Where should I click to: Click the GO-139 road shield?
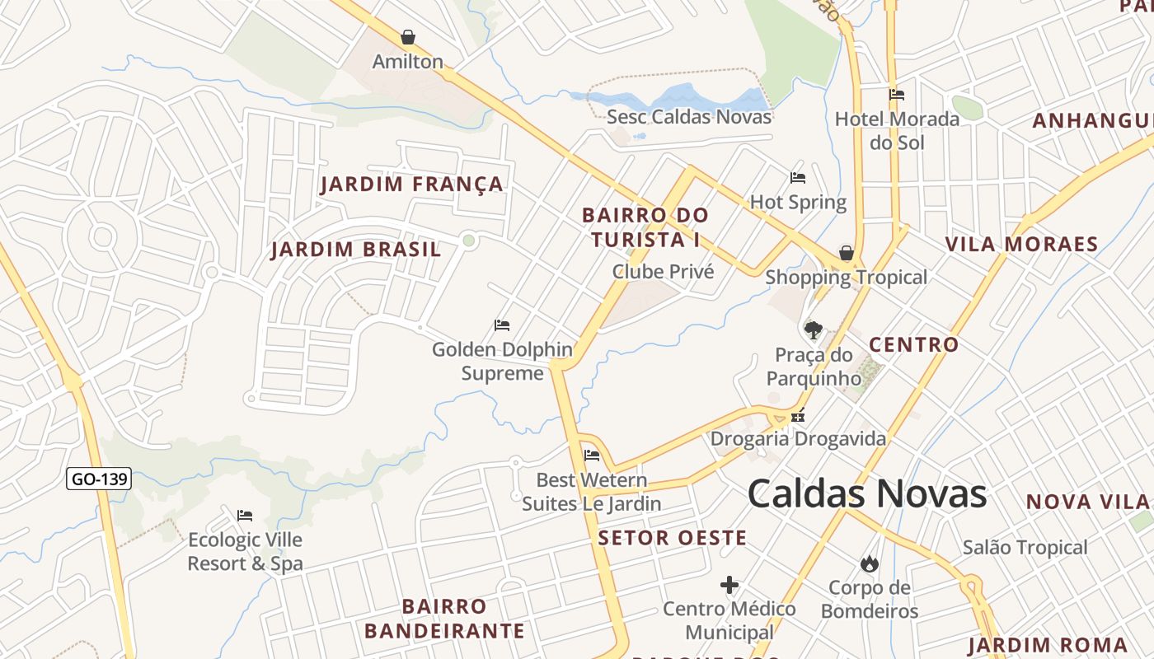pos(99,479)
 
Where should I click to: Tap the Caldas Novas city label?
pos(867,494)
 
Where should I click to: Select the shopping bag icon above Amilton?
pos(407,37)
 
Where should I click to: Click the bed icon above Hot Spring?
pos(798,177)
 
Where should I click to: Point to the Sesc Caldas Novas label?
pos(689,117)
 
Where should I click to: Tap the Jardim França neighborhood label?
pos(411,184)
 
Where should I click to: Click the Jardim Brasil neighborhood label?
pos(356,250)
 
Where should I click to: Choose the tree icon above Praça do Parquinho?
pos(814,330)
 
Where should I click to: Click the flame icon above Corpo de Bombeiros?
pos(869,564)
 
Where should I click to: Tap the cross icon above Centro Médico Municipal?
pos(729,586)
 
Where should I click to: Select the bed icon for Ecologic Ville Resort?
pos(245,516)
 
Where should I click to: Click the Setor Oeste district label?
pos(673,539)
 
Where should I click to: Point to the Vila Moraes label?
pos(1021,244)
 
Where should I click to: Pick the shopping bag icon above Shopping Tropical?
pos(846,253)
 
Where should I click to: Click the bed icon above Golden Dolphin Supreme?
pos(502,325)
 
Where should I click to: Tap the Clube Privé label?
pos(663,271)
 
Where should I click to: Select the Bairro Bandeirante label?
pos(444,619)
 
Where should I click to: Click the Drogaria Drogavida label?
pos(798,438)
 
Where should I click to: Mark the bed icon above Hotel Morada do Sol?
pos(897,95)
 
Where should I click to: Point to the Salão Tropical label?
pos(1025,547)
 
